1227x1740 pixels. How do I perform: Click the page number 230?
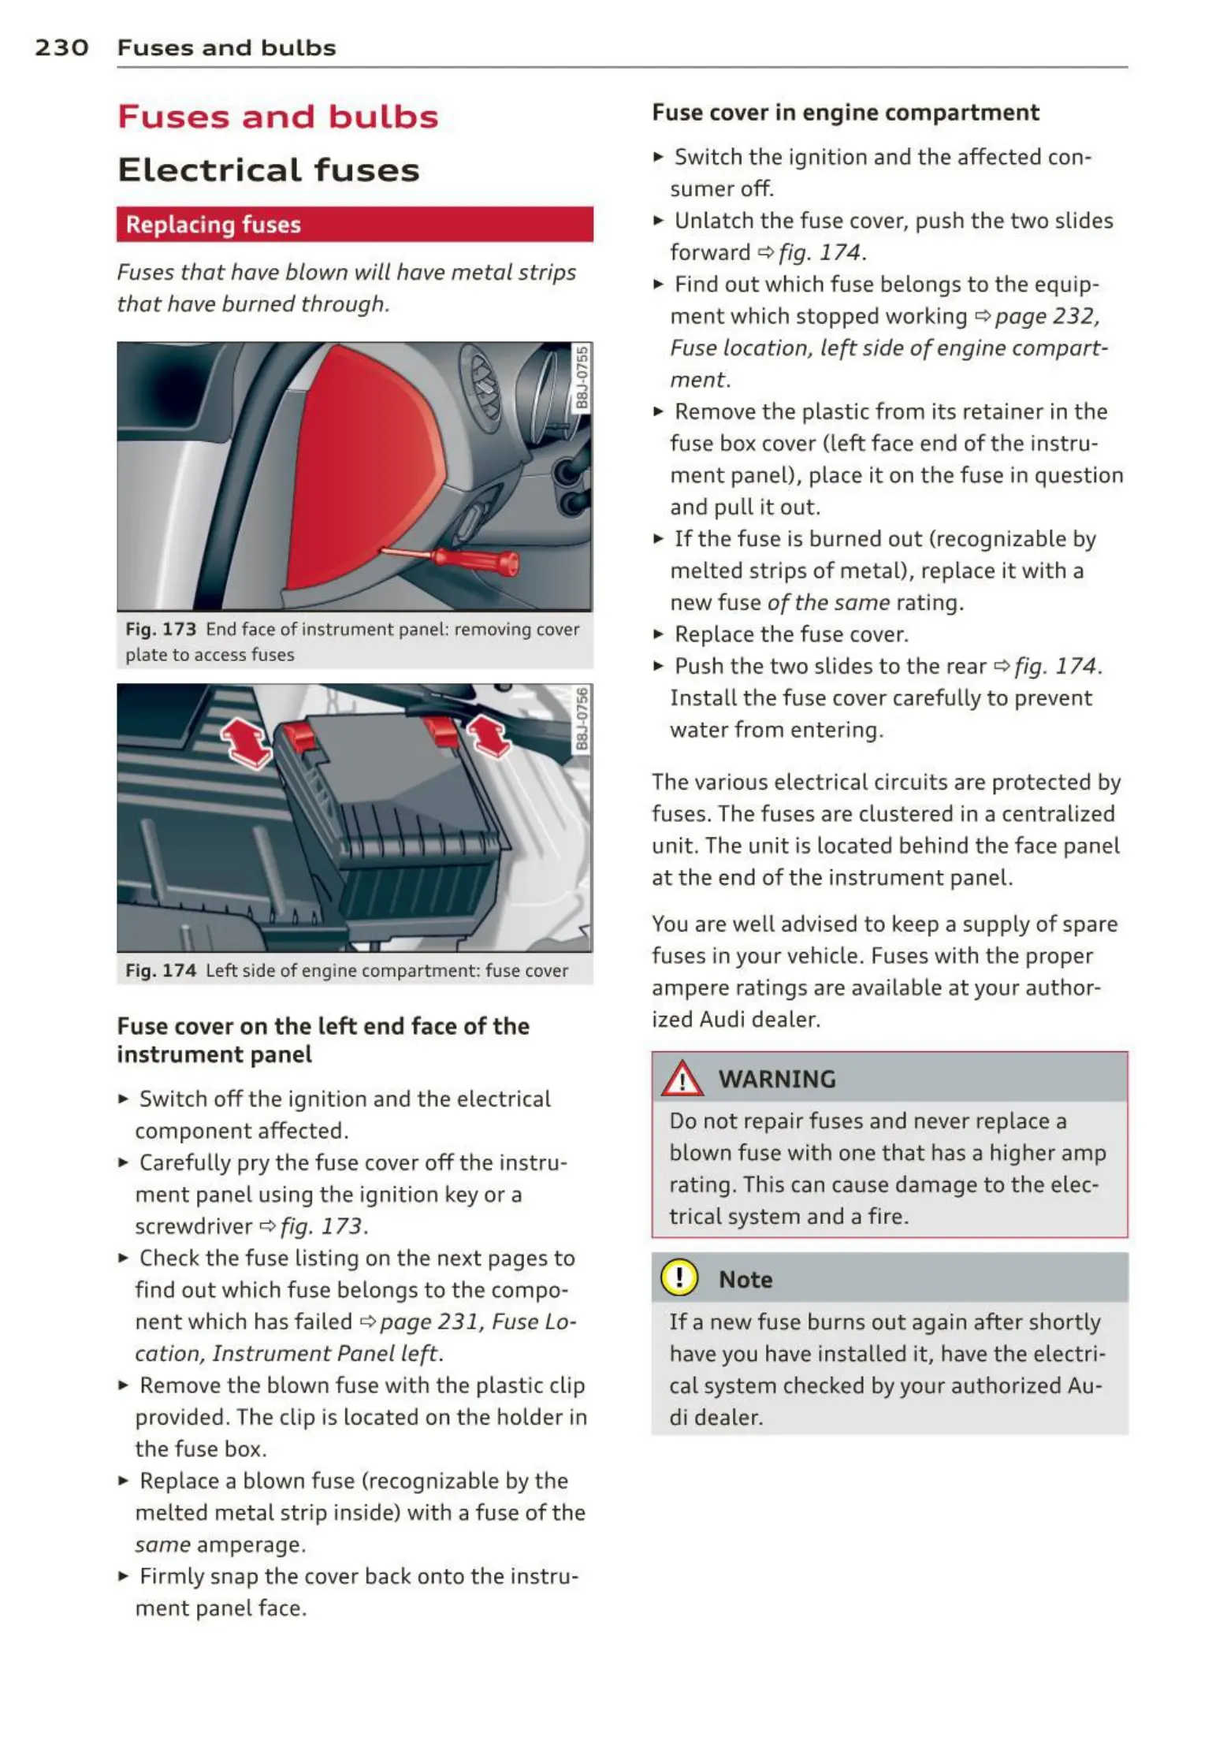(61, 48)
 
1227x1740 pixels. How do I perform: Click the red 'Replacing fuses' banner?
(355, 225)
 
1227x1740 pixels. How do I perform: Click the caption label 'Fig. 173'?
(161, 630)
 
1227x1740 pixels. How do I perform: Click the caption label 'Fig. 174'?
(161, 971)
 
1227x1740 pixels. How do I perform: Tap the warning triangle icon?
(682, 1079)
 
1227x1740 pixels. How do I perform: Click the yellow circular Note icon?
(679, 1278)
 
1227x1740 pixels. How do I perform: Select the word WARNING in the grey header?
(777, 1080)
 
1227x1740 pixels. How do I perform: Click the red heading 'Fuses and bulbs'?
(277, 117)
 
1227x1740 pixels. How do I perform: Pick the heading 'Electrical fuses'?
(268, 171)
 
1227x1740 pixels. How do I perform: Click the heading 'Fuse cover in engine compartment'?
(845, 113)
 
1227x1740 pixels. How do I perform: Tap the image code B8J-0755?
(582, 377)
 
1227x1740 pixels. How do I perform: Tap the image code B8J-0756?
(582, 719)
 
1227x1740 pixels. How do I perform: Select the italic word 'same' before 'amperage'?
(162, 1545)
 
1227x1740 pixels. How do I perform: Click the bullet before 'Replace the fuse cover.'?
(658, 634)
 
